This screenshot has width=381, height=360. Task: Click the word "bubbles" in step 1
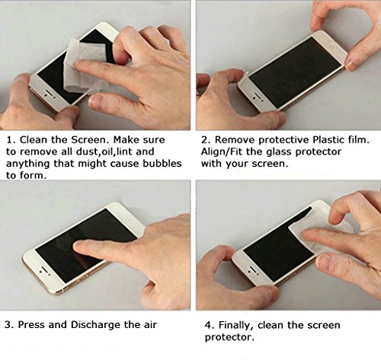[162, 164]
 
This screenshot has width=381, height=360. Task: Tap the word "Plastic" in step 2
[328, 140]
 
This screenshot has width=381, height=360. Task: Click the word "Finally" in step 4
[236, 326]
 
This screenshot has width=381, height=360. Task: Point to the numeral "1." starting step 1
[11, 140]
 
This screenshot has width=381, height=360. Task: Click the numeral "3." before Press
[9, 325]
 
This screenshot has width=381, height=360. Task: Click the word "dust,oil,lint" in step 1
[104, 151]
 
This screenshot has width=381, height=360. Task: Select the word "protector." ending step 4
[229, 338]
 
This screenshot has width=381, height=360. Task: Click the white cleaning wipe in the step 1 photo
[82, 66]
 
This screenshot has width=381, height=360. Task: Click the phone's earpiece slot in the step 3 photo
[45, 270]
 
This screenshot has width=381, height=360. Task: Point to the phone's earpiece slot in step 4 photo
[253, 269]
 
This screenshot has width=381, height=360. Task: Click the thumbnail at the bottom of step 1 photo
[96, 101]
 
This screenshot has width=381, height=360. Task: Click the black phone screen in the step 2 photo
[295, 73]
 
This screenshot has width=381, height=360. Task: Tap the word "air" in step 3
[149, 325]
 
